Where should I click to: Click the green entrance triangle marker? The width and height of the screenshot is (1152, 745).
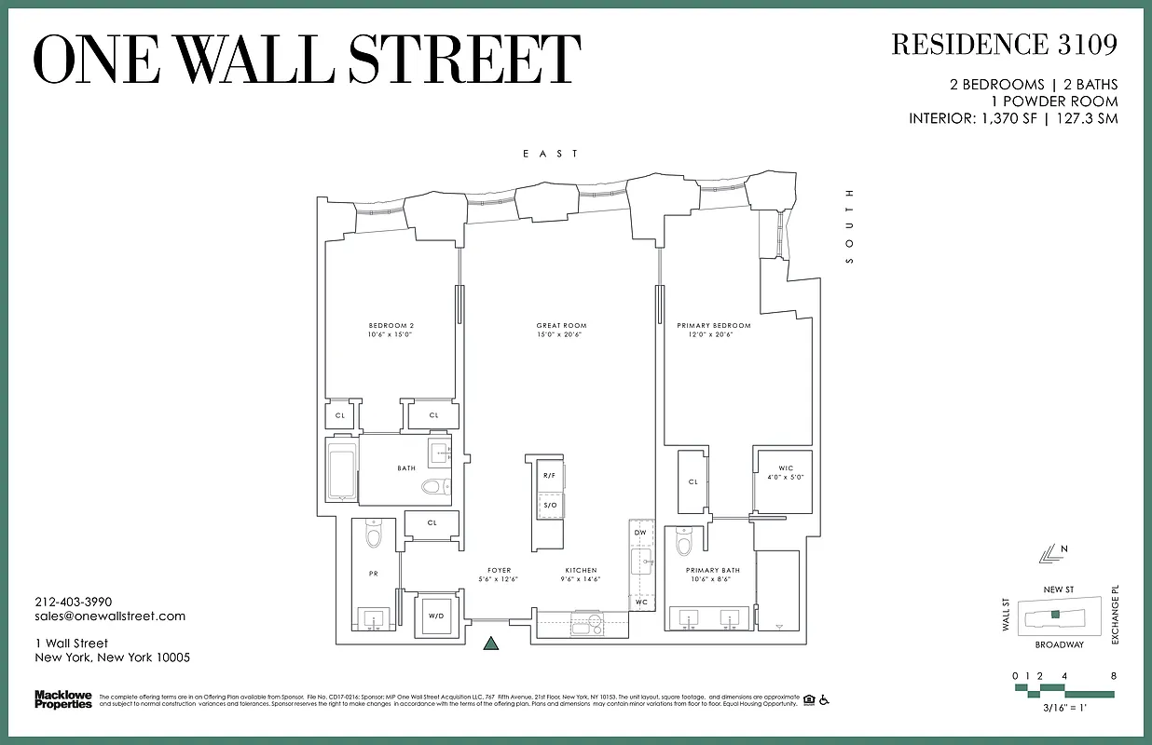(x=491, y=643)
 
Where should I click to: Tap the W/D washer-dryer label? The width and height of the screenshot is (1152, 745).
(x=435, y=616)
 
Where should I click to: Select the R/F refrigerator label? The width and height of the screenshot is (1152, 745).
(x=549, y=476)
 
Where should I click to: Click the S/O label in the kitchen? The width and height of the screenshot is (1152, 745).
(x=549, y=505)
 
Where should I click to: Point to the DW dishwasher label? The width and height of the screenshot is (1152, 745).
(x=639, y=532)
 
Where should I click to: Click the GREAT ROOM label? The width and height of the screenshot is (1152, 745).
(x=561, y=326)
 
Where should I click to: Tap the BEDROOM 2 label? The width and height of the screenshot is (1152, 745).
(x=391, y=326)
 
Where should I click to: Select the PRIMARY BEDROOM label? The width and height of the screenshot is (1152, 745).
(x=713, y=326)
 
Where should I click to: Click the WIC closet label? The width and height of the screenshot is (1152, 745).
(x=785, y=467)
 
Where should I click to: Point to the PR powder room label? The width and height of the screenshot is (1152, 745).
(x=374, y=574)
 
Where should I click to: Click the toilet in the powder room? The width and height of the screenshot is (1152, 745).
(x=374, y=535)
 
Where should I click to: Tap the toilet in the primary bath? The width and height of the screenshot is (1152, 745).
(x=683, y=542)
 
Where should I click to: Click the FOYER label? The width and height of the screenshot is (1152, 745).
(x=499, y=570)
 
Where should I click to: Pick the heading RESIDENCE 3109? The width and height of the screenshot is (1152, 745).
(x=1004, y=45)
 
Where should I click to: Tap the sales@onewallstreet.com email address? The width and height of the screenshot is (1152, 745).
(x=110, y=616)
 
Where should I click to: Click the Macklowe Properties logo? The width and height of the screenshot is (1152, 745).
(x=62, y=698)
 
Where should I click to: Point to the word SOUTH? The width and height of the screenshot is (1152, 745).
(x=849, y=227)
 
